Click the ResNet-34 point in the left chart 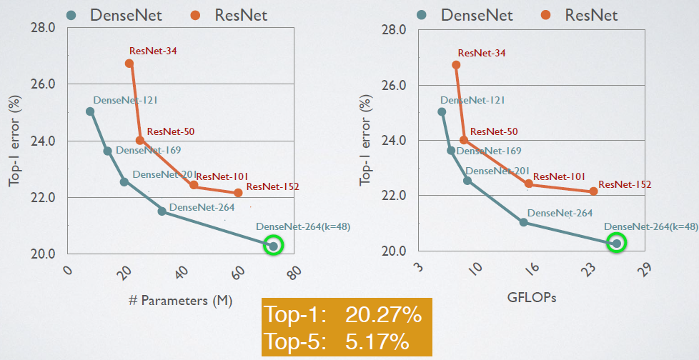point(129,64)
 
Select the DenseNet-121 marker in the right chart point(442,111)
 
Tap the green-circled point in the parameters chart point(273,246)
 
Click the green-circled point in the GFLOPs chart point(617,243)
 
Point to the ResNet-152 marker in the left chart point(238,193)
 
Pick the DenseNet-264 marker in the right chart point(523,222)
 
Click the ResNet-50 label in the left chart point(170,131)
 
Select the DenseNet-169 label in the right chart point(489,151)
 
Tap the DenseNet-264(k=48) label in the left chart point(302,227)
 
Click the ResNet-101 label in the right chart point(559,176)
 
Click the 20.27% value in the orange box point(383,315)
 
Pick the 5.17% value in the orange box point(377,341)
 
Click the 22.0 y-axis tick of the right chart point(395,196)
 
